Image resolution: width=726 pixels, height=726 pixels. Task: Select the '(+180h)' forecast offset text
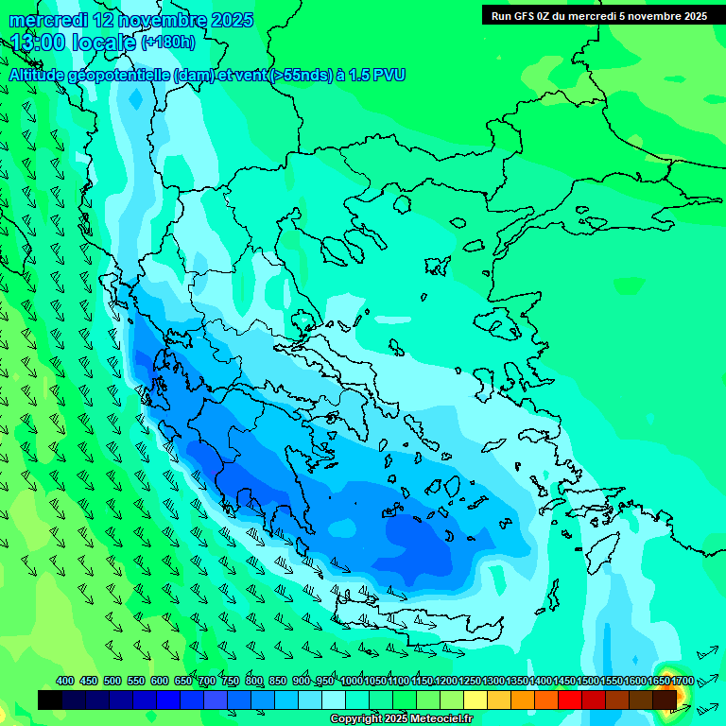pos(168,43)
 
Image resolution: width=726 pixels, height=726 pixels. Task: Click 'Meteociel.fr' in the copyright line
pos(429,719)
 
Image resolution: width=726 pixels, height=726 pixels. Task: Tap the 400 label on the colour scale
pos(65,681)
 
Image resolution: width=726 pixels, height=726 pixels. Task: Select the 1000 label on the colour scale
pos(351,681)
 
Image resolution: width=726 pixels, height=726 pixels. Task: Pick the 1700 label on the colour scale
pos(683,681)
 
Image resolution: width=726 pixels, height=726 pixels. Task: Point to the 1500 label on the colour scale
pos(588,681)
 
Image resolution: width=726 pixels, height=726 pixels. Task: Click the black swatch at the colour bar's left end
pos(50,700)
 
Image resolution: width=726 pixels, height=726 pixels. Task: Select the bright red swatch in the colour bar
pos(570,700)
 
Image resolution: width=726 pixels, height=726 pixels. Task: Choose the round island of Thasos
pos(402,204)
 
